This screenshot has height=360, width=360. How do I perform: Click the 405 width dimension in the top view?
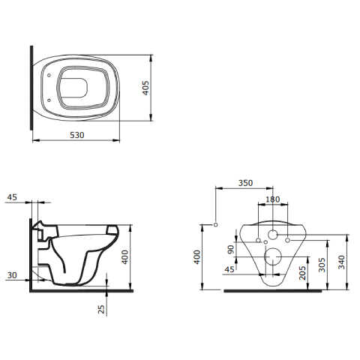pos(145,88)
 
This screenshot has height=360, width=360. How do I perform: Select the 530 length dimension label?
pos(77,135)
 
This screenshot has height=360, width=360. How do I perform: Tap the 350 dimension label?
pos(245,183)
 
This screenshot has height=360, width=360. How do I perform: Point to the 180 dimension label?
pos(273,199)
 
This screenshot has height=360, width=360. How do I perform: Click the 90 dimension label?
pos(231,249)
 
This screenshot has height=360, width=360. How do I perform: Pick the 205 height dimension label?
pos(302,273)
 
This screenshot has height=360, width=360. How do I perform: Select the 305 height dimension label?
pos(322,265)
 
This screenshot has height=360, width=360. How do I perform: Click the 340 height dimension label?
pos(341,262)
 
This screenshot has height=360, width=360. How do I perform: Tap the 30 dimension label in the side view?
pos(12,275)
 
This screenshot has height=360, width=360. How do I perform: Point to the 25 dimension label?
pos(101,309)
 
